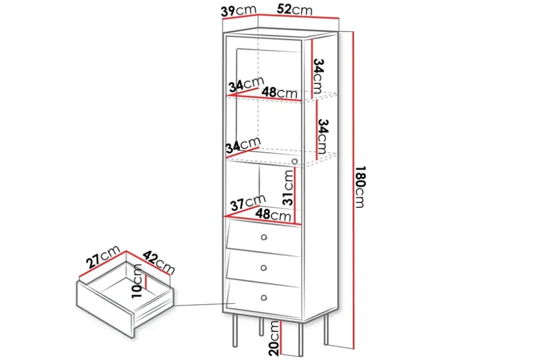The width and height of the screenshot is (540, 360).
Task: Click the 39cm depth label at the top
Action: click(238, 10)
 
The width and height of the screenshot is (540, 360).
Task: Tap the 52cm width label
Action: click(294, 9)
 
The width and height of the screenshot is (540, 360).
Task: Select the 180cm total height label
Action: click(360, 187)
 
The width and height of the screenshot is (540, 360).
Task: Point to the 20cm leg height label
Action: click(275, 339)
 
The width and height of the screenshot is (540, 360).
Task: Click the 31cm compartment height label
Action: click(288, 188)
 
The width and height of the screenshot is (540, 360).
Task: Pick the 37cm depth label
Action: click(248, 202)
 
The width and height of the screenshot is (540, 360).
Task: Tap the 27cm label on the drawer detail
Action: click(103, 257)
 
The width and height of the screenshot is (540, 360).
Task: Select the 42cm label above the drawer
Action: click(159, 262)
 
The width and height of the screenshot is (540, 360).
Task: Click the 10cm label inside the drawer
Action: click(137, 280)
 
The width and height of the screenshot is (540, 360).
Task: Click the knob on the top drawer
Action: click(264, 237)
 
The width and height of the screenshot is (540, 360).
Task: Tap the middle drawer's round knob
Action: click(264, 268)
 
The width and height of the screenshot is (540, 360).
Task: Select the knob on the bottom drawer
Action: click(264, 298)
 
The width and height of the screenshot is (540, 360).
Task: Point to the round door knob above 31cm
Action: click(294, 161)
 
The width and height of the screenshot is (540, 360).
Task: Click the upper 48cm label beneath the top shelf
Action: click(279, 92)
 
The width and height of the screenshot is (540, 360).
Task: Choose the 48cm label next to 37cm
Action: click(273, 215)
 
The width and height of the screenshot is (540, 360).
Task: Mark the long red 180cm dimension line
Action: click(354, 190)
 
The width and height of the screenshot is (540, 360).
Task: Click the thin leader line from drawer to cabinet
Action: click(204, 304)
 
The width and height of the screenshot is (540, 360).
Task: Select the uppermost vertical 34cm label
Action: click(319, 76)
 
